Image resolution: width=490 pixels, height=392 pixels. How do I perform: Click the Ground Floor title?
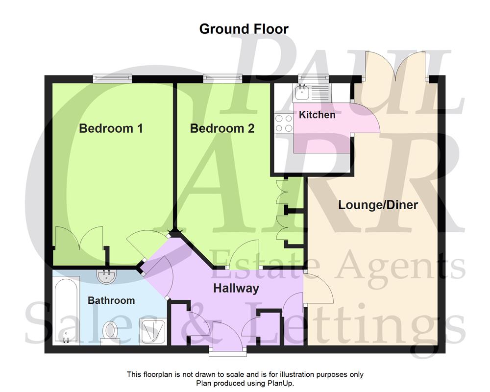(244, 28)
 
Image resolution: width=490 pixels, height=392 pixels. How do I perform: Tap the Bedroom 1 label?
(111, 129)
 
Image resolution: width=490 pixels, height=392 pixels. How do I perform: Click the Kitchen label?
(317, 115)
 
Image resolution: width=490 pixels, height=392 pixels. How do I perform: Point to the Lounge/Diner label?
(378, 205)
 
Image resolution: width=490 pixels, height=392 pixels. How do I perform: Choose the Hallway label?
(236, 289)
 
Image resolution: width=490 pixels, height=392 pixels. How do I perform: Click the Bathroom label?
(111, 300)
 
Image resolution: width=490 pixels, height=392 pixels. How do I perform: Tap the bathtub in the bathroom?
(66, 310)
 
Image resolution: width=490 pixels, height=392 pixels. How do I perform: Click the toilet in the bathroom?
(110, 332)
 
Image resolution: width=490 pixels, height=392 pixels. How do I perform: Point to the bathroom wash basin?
(107, 277)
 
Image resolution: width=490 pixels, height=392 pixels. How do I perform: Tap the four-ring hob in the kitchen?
(284, 122)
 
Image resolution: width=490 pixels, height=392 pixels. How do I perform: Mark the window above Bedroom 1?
(113, 76)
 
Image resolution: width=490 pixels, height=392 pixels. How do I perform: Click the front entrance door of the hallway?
(228, 338)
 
